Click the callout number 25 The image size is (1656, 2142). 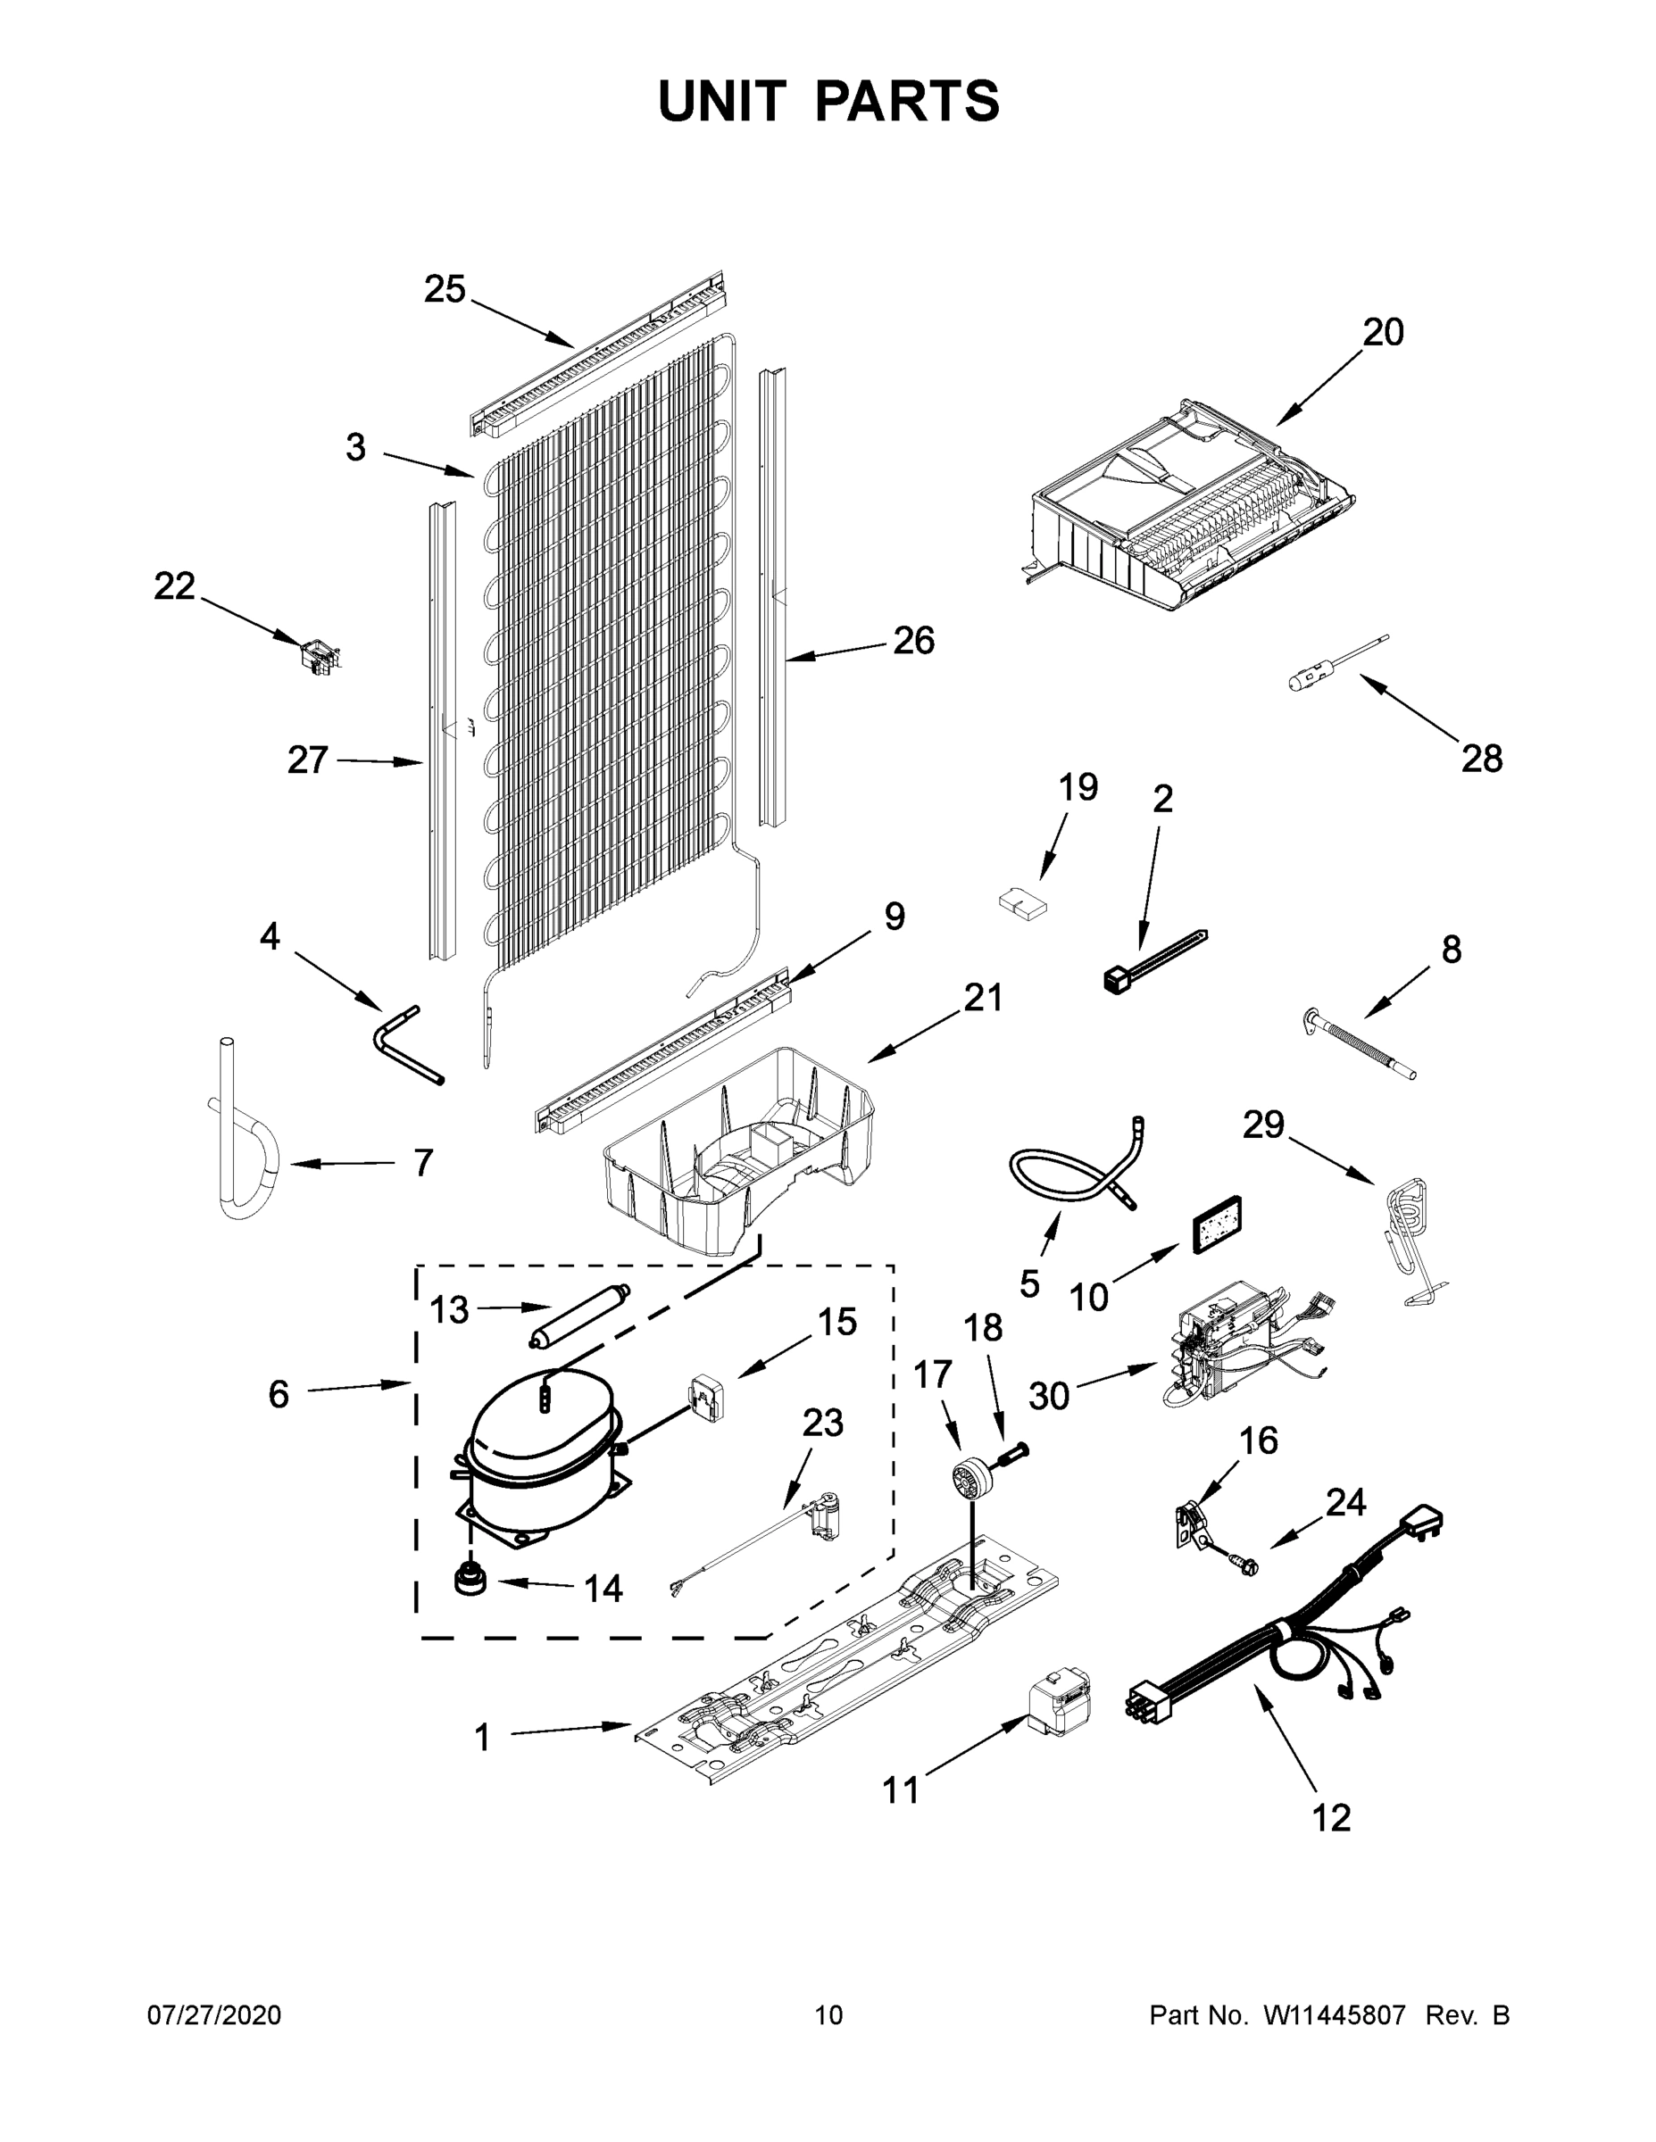pos(444,289)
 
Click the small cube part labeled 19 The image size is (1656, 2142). pos(1021,901)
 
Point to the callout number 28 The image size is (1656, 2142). pos(1481,758)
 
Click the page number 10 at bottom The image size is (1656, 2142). pos(829,2014)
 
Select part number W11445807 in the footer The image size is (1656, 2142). pos(1335,2014)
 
